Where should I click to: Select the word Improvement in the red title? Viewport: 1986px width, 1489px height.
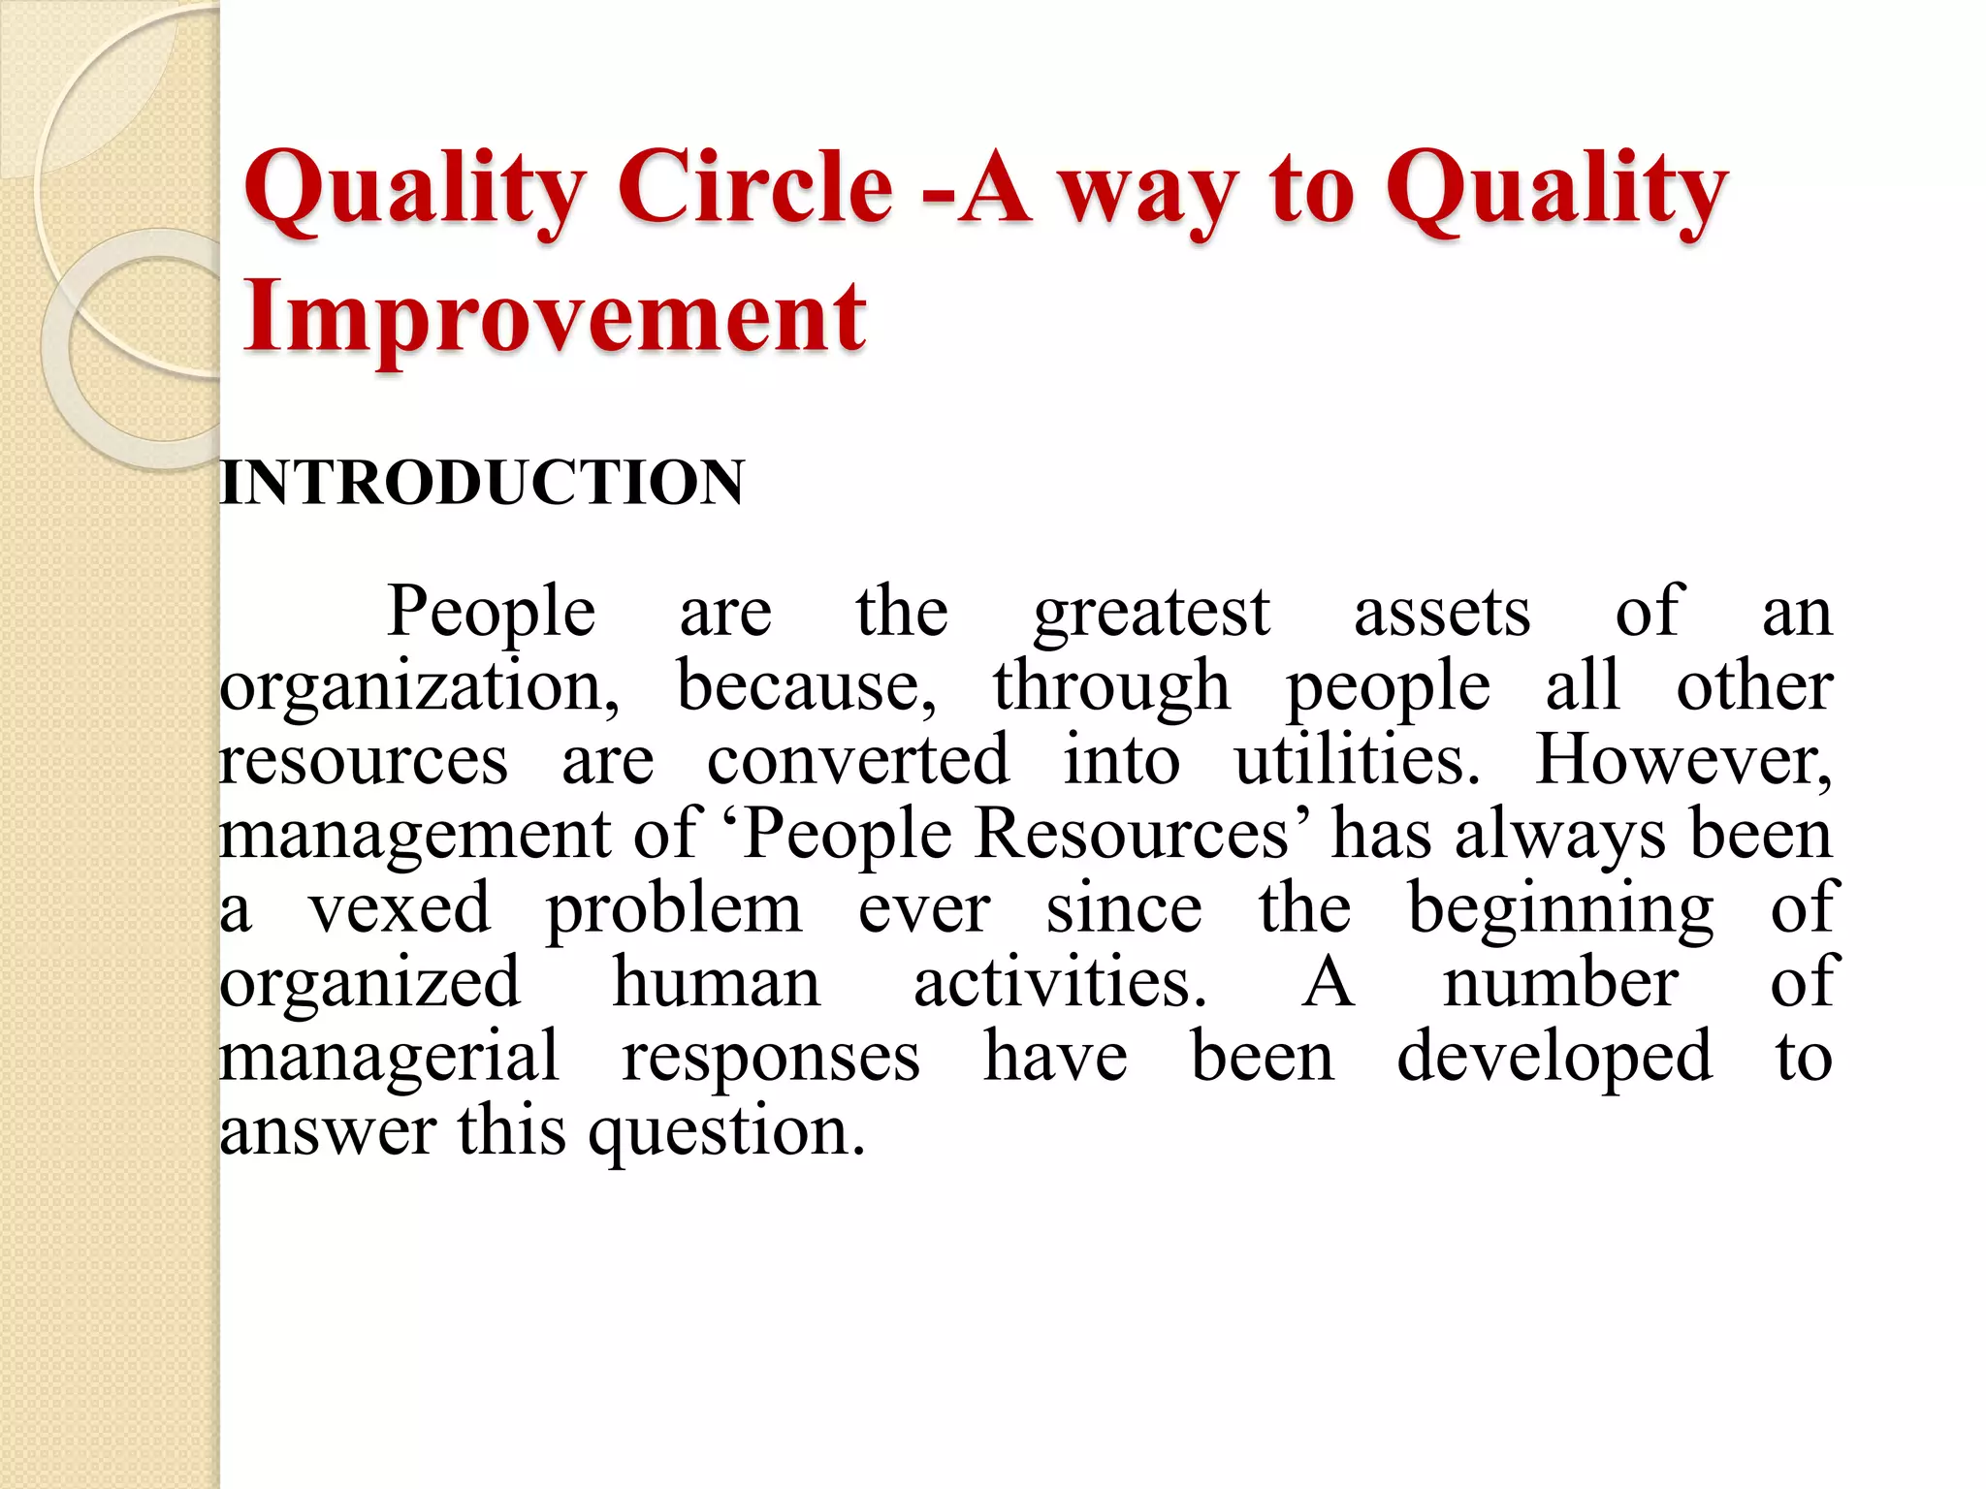coord(554,316)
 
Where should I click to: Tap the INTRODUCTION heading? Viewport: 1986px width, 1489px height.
coord(482,482)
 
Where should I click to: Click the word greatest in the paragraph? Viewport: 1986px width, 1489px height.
coord(1151,614)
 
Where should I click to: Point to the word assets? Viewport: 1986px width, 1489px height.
coord(1441,614)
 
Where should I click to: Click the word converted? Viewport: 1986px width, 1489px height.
coord(857,761)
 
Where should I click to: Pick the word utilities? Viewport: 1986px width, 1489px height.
coord(1357,761)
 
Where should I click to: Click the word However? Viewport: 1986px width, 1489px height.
coord(1683,761)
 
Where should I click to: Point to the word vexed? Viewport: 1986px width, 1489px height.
coord(400,909)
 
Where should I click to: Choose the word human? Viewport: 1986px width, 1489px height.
coord(717,983)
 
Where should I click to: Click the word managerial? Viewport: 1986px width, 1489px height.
coord(389,1058)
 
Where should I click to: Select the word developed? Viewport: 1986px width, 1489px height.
coord(1554,1058)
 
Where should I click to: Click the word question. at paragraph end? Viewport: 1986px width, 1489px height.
coord(726,1132)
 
